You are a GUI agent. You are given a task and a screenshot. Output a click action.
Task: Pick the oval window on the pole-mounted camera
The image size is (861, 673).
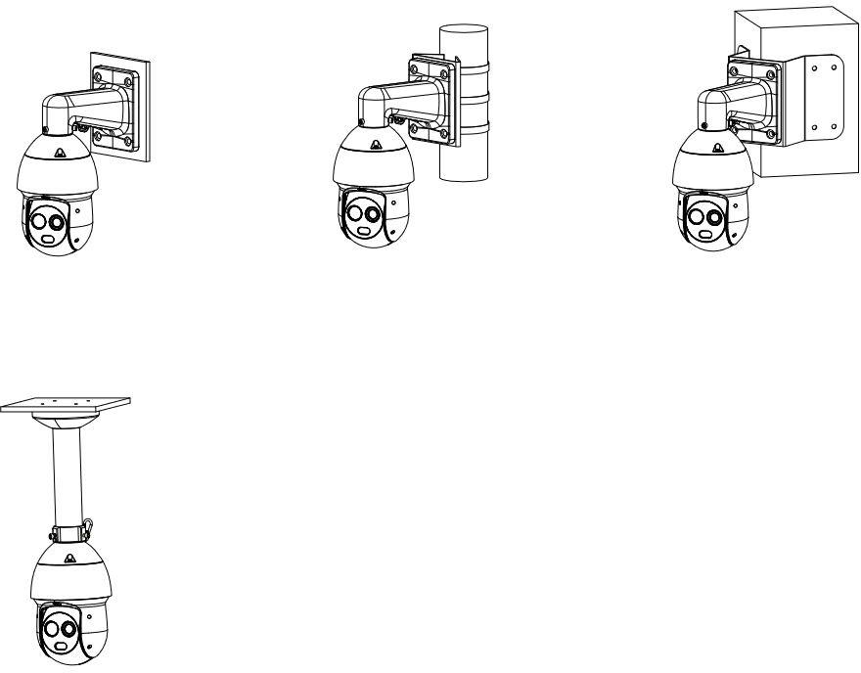click(364, 231)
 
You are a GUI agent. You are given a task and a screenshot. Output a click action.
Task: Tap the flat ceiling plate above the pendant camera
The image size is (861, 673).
click(67, 403)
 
